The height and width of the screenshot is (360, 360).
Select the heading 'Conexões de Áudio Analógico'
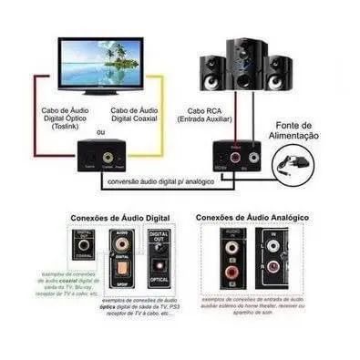(253, 218)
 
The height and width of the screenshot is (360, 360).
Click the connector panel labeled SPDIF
(122, 258)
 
